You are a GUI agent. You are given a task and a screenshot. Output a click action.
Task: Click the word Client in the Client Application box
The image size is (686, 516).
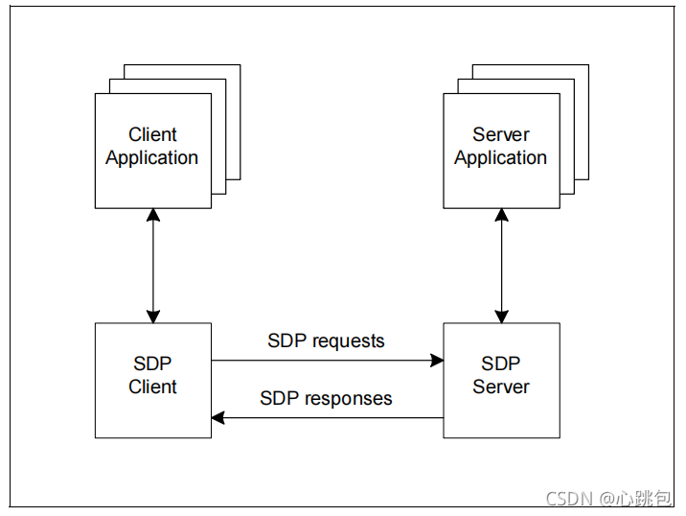coord(152,134)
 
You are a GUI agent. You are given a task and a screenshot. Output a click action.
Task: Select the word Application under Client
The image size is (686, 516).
coord(151,158)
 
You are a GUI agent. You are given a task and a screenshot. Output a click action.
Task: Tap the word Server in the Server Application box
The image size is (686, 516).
coord(501,134)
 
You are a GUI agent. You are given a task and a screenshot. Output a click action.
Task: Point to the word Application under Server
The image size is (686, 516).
coord(500,158)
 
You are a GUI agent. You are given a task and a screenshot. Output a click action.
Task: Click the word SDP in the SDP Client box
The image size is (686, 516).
coord(152,364)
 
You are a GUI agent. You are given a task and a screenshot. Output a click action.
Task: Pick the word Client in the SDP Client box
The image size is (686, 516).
coord(152,387)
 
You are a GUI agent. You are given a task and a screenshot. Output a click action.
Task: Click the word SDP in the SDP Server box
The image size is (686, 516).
coord(500,364)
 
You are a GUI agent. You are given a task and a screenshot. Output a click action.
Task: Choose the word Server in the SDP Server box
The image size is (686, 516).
coord(501,387)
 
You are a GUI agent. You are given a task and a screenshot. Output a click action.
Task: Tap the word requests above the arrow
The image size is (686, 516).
coord(349,341)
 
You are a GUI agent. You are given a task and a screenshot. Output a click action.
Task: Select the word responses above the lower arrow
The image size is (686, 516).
coord(348,399)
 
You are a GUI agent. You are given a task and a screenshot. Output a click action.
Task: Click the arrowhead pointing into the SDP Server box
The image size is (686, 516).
coord(437,361)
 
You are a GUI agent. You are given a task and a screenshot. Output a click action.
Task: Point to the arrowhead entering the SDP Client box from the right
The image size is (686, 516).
coord(217,418)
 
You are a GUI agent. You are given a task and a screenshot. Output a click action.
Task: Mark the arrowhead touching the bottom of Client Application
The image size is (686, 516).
coord(153,215)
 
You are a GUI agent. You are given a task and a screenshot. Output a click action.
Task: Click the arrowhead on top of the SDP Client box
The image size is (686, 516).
coord(153,317)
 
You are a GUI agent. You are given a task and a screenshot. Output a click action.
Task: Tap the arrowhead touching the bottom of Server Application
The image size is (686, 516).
coord(501,215)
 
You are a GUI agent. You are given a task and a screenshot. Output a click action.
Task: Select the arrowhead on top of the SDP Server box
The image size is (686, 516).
coord(501,317)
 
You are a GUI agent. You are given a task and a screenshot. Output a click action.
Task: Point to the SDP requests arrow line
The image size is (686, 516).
coord(328,361)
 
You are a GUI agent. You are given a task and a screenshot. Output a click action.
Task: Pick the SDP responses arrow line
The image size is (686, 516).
coord(328,418)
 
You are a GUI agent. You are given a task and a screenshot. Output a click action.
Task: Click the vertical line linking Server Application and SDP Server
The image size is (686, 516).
coord(501,266)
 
